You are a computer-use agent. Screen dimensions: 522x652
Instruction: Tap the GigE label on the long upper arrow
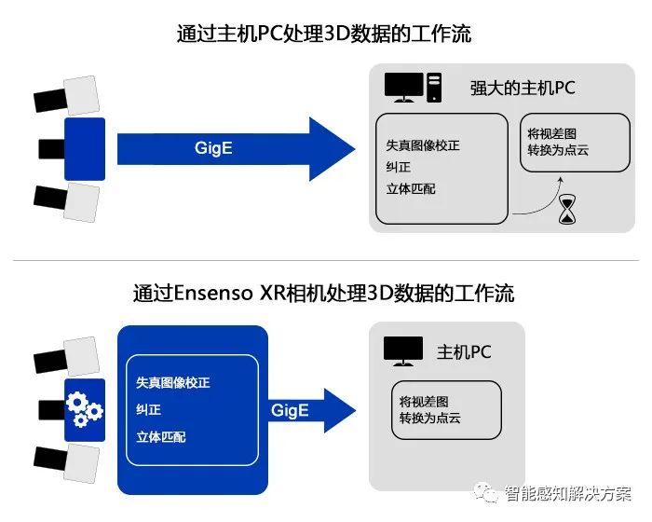pos(214,148)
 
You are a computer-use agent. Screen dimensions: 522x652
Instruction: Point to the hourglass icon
pos(567,210)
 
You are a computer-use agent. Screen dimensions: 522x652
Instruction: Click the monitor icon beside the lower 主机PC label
pos(403,351)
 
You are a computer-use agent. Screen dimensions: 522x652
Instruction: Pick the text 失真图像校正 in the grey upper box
pos(423,146)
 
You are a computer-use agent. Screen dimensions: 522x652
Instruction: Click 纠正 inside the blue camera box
pos(148,409)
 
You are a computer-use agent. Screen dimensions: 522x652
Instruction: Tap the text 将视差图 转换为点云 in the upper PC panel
pos(558,141)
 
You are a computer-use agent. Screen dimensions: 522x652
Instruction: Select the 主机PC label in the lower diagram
pos(464,352)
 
